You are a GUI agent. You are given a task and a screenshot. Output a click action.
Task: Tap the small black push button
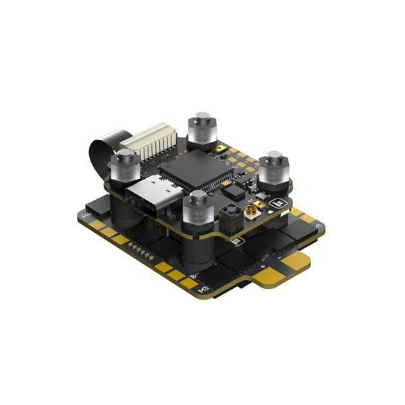(229, 217)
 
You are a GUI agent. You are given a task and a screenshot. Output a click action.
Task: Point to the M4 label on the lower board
(86, 217)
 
